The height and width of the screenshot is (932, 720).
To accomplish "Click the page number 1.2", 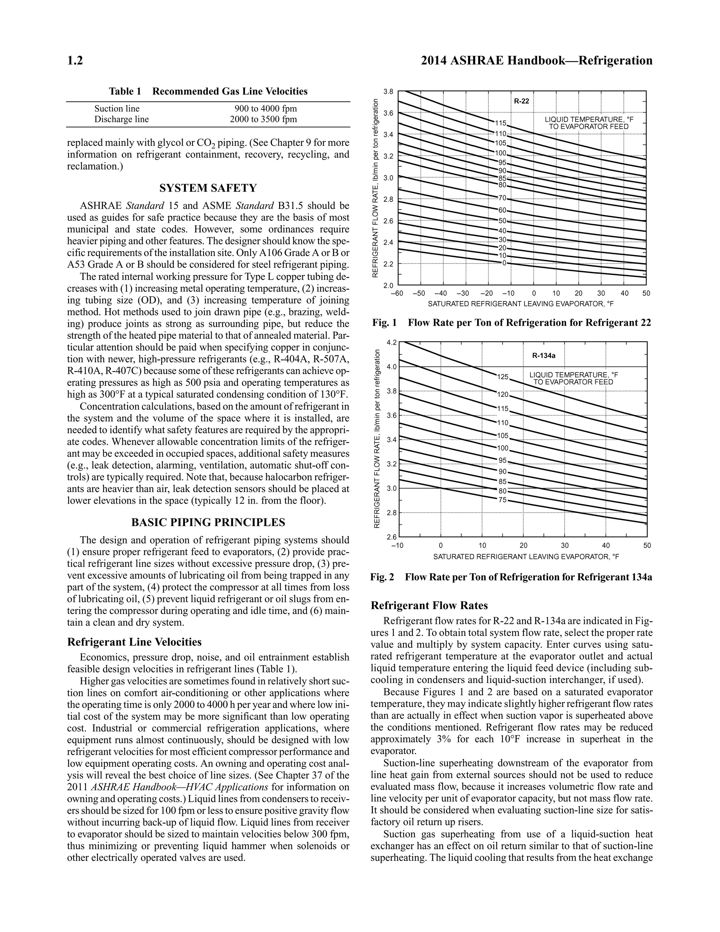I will coord(75,60).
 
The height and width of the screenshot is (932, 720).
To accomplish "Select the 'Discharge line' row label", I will coord(122,119).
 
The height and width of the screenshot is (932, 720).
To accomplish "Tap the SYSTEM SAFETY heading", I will coord(208,188).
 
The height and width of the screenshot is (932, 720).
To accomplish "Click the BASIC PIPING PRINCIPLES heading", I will coord(208,522).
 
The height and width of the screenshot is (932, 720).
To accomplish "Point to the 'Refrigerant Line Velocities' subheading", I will coord(134,642).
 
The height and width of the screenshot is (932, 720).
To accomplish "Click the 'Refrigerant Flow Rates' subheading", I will coord(429,606).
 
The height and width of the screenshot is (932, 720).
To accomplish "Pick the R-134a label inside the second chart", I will coord(544,355).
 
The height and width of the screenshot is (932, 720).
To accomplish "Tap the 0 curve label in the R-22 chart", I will coord(504,263).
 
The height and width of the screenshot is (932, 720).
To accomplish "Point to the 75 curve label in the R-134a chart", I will coord(503,500).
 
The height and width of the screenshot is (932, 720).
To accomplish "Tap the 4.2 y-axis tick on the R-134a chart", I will coord(391,342).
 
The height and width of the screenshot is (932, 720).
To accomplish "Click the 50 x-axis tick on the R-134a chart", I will coord(647,545).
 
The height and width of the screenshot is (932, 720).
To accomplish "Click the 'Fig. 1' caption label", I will coord(384,323).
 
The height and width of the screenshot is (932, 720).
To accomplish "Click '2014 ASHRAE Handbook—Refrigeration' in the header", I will coord(536,60).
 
